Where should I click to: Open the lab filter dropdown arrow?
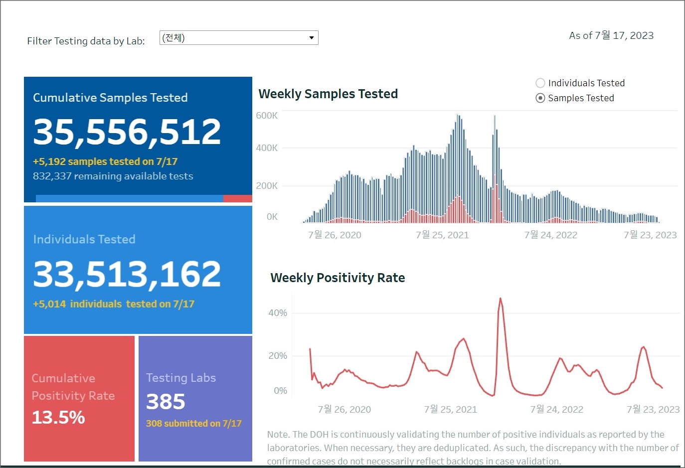coord(311,38)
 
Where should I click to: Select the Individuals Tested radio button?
coord(540,83)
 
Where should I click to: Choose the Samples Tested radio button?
coord(540,98)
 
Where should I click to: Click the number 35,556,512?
coord(127,132)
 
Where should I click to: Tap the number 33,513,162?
coord(127,274)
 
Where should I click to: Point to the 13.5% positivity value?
coord(58,417)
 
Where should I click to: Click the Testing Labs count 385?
coord(166,402)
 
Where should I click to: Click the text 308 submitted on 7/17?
coord(193,423)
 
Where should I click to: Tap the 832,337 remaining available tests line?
coord(113,176)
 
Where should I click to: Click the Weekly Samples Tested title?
coord(328,94)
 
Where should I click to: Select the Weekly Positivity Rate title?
coord(338,278)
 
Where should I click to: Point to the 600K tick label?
coord(267,116)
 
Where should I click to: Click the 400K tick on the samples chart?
coord(267,148)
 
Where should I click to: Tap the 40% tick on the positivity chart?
coord(278,313)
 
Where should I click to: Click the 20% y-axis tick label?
coord(278,356)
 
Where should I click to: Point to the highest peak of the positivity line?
coord(500,299)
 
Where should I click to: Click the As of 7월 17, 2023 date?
coord(611,35)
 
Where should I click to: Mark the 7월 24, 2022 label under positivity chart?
coord(556,410)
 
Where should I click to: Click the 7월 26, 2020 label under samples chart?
coord(335,235)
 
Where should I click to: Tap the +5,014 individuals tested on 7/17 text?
coord(114,304)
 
